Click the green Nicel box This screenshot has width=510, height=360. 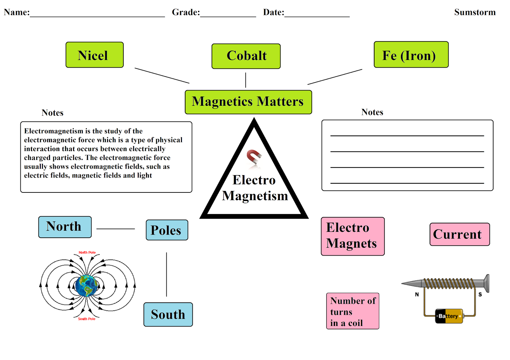tap(94, 55)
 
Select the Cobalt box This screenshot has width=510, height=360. tap(246, 56)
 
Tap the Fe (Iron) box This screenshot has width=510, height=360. tap(411, 54)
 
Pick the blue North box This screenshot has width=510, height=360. tap(65, 227)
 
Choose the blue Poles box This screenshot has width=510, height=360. tap(167, 230)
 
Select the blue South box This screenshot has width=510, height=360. tap(168, 314)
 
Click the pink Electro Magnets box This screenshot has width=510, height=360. tap(353, 236)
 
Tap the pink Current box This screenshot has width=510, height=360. tap(459, 234)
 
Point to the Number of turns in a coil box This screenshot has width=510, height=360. tap(353, 311)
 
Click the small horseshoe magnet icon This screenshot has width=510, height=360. tap(254, 157)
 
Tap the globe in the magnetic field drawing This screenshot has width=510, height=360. tap(86, 286)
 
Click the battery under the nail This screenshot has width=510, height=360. tap(449, 316)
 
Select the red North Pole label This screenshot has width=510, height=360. tap(87, 252)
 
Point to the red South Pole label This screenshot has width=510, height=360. tap(87, 319)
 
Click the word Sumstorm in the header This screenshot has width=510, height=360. tap(475, 12)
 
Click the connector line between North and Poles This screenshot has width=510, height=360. tap(115, 229)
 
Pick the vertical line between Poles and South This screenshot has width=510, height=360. tap(166, 274)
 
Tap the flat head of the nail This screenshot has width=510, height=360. tap(486, 283)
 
